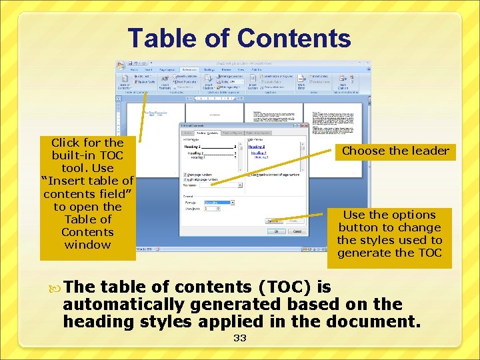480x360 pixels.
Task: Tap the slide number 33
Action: click(x=240, y=338)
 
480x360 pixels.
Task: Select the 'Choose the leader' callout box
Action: click(x=395, y=151)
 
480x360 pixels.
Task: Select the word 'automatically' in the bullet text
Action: click(x=125, y=305)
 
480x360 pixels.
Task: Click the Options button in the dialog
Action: click(x=273, y=220)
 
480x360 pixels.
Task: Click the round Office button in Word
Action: click(x=121, y=66)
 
